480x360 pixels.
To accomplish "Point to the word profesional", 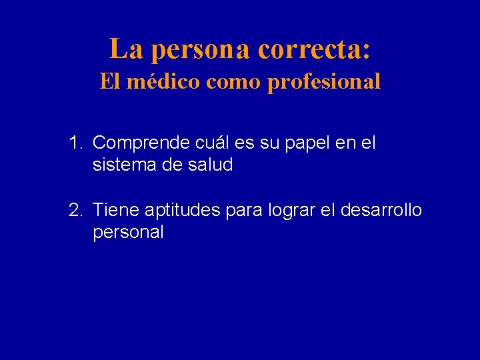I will click(324, 83).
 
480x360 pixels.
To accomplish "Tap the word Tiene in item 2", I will click(113, 211).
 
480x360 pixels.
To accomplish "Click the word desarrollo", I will click(381, 211).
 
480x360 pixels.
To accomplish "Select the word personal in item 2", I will click(128, 233).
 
